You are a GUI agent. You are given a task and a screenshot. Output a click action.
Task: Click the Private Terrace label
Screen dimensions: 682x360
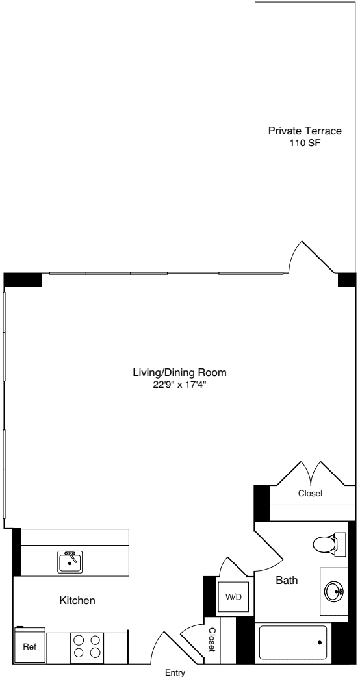(305, 131)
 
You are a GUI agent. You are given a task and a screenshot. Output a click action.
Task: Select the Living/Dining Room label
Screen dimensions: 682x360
(179, 373)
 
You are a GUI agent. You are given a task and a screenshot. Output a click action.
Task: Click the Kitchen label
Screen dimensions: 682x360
(77, 601)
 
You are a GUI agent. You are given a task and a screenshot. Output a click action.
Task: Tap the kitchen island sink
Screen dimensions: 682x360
(70, 561)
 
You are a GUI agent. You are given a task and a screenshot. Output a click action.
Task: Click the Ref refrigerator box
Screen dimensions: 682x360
(30, 647)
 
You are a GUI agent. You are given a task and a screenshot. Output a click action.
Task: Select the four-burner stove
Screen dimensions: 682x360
(87, 647)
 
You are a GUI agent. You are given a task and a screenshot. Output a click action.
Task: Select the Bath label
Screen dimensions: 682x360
(287, 581)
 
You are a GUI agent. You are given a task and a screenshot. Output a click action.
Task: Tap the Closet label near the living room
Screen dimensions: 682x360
(310, 494)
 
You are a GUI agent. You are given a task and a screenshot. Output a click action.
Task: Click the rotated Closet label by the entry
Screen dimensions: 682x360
(212, 640)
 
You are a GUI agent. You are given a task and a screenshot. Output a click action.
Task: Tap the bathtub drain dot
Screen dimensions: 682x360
(320, 642)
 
